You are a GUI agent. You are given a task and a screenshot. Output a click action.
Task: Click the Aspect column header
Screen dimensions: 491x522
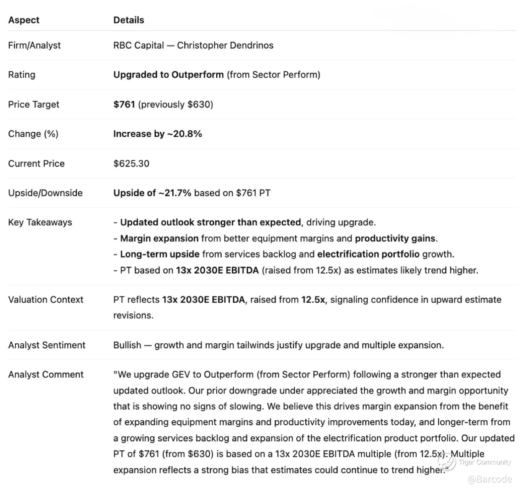23,20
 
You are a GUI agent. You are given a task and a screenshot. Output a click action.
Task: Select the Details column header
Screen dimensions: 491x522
128,20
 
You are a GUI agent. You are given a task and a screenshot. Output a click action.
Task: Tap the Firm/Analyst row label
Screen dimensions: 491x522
34,45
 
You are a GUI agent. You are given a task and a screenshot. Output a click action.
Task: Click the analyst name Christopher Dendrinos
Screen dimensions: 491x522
225,45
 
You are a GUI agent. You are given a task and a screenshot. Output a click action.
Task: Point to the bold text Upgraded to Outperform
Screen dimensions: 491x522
168,75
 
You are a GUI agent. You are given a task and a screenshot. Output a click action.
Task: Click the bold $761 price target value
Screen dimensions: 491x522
124,104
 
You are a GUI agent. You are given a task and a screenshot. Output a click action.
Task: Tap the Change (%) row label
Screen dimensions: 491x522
33,134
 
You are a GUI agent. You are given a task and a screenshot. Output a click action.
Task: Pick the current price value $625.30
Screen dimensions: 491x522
131,164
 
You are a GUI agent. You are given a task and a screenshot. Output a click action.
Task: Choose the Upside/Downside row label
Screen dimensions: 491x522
45,193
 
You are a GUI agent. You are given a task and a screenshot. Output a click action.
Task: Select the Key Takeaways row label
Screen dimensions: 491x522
40,222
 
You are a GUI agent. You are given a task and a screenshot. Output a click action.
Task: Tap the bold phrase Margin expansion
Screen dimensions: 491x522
159,238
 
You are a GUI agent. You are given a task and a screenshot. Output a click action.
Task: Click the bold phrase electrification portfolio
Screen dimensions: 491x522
368,254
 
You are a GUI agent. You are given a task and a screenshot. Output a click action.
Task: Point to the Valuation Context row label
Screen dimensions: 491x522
45,300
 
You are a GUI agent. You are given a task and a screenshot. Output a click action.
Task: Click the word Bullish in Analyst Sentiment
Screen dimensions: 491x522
127,345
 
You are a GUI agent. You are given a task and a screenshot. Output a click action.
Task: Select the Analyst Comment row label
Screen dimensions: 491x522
45,375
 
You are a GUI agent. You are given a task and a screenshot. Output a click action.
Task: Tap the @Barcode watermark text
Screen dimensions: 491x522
490,480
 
